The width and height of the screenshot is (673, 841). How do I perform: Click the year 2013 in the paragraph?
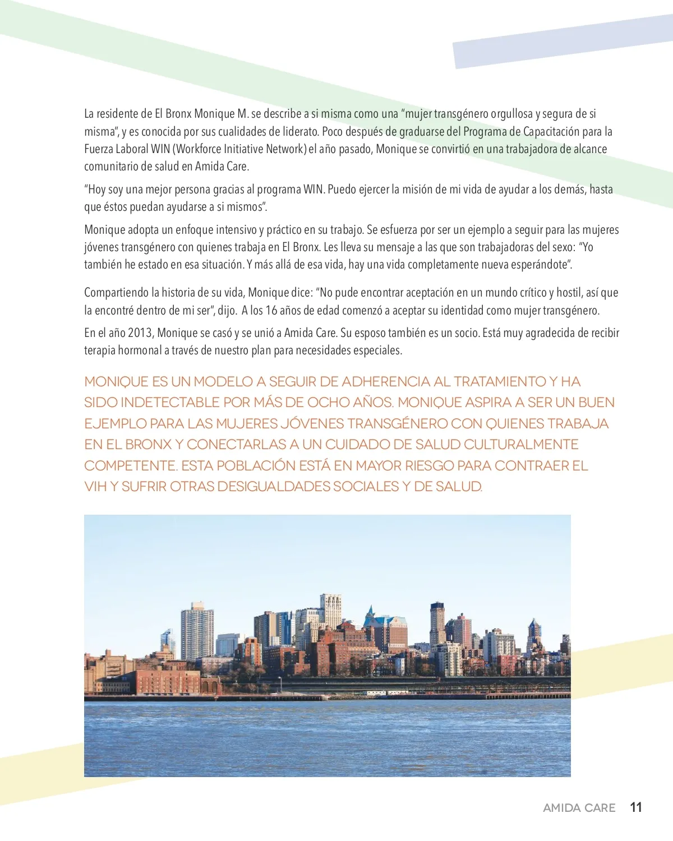point(140,333)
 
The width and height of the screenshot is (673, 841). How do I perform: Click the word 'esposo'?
point(370,333)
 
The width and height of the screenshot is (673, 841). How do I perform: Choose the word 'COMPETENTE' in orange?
point(131,466)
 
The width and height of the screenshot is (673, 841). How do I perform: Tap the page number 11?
point(636,807)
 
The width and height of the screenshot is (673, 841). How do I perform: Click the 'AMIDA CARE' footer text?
point(579,808)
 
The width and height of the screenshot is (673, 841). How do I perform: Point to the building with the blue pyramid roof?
point(371,617)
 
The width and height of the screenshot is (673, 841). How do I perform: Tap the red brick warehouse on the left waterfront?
point(168,681)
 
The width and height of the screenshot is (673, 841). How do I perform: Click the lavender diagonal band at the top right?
point(561,42)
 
